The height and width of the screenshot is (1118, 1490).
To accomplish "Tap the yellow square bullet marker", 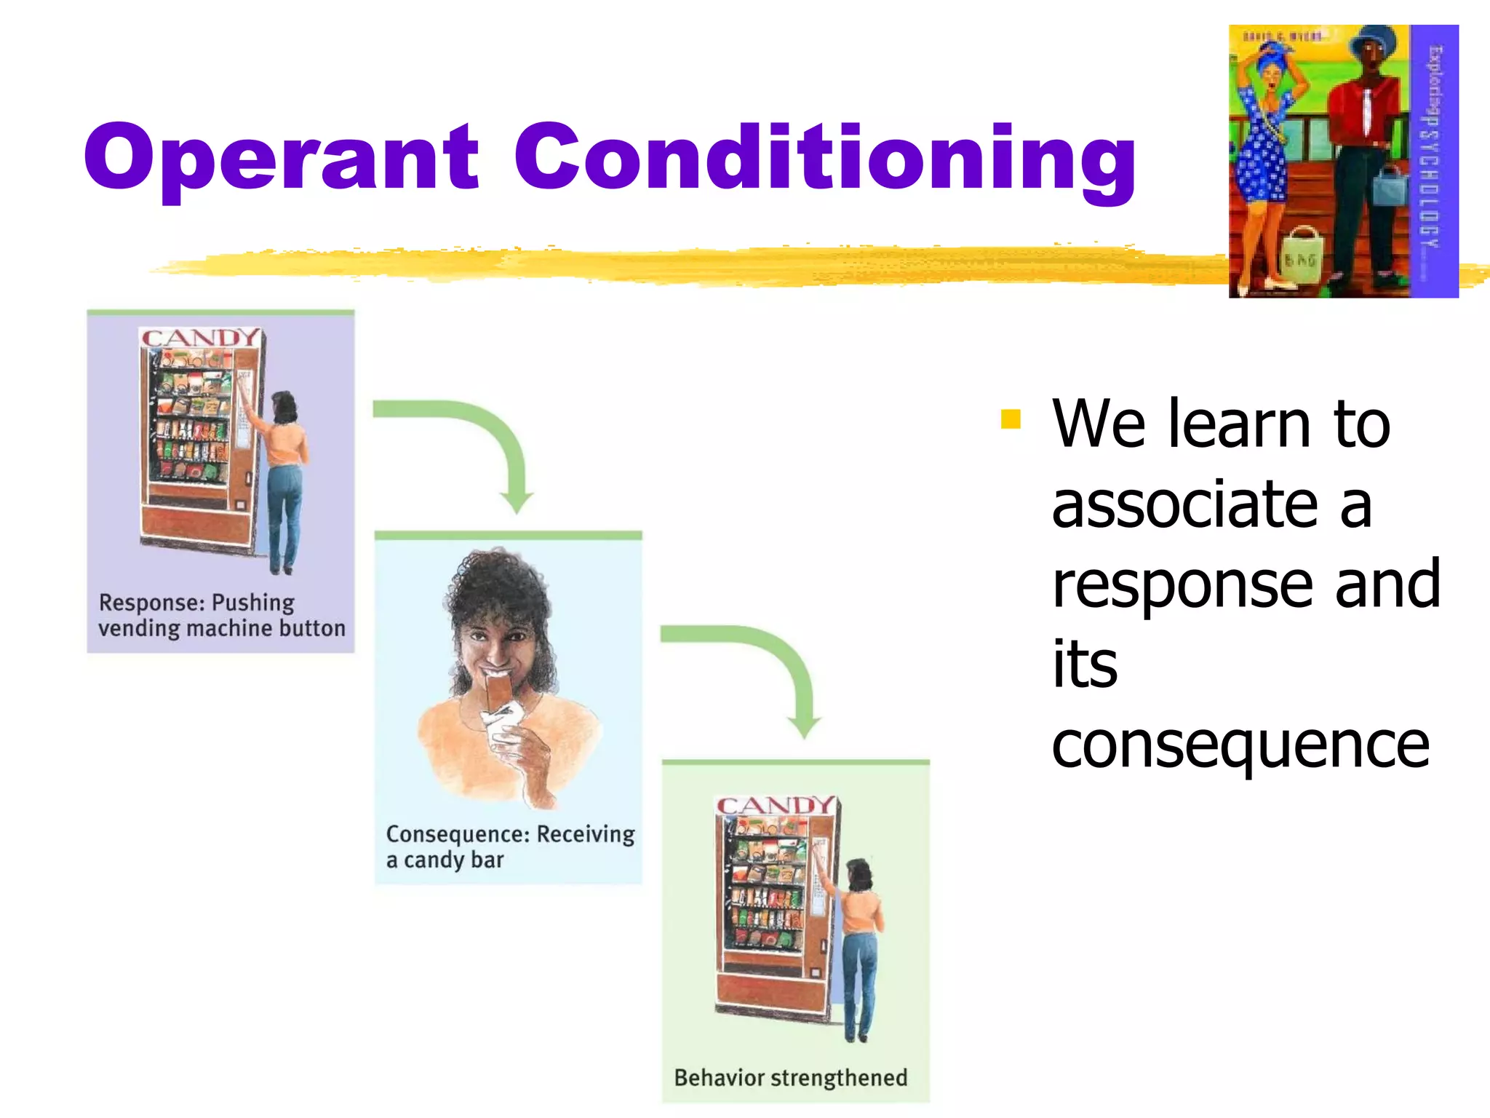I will coord(1011,419).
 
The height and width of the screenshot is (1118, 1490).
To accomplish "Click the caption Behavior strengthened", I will coord(790,1077).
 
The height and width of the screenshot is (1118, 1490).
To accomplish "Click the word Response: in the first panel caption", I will coord(151,603).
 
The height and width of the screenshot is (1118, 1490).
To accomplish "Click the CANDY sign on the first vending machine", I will coord(199,338).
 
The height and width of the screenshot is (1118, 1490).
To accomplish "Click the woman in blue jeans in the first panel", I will coord(286,480).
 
